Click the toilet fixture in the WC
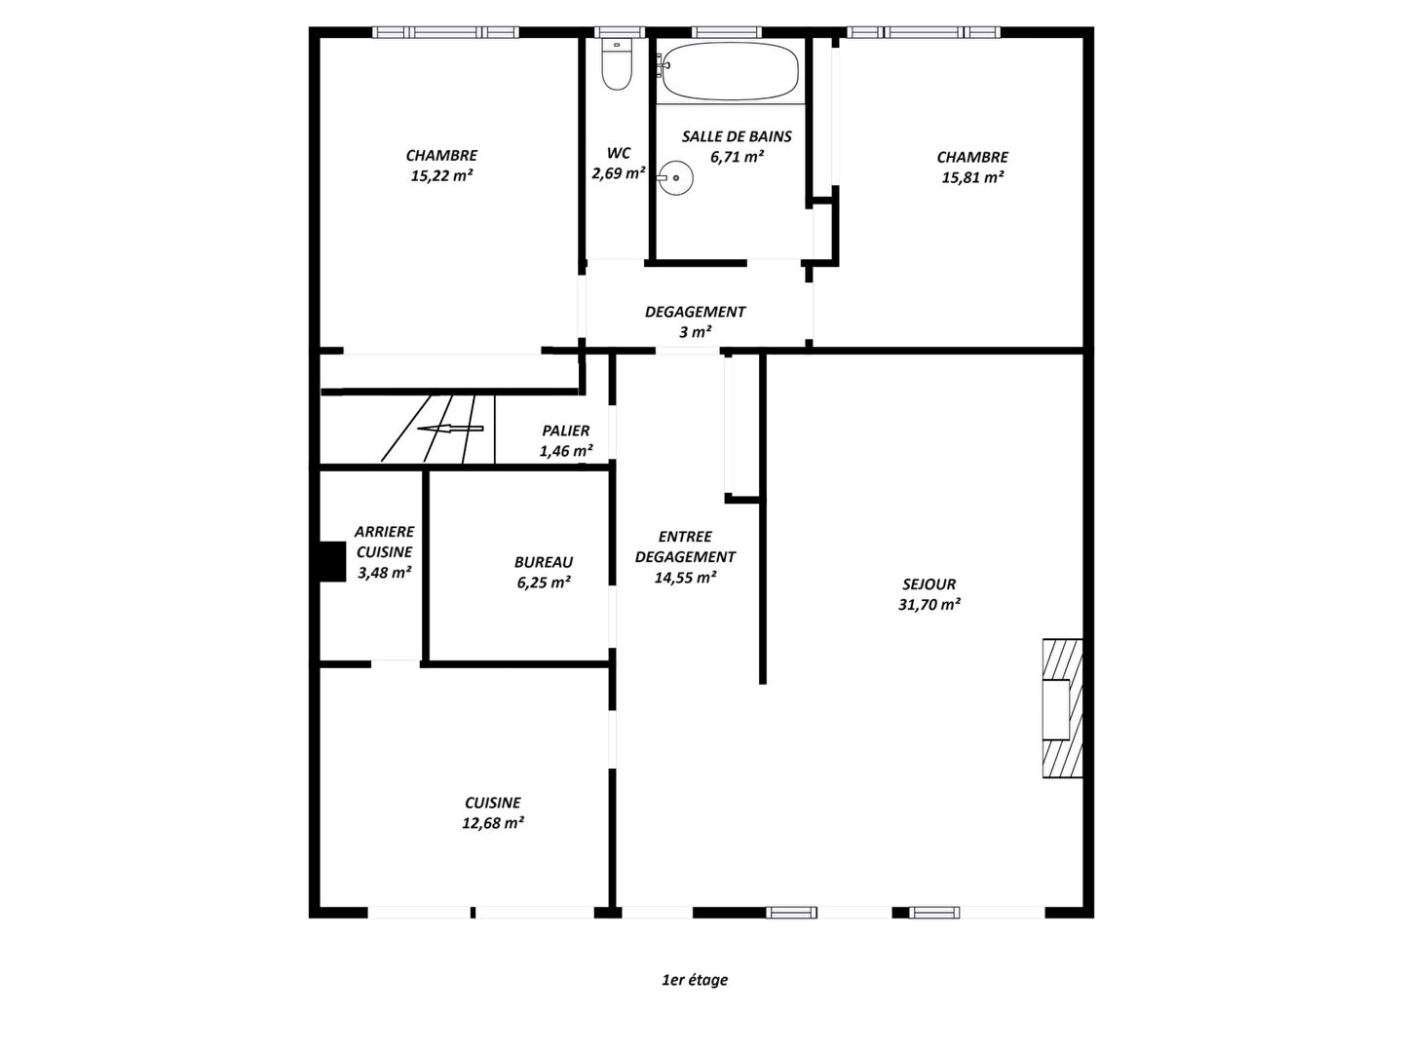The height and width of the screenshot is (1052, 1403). click(x=616, y=63)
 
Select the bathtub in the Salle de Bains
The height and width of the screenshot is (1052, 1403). click(x=730, y=71)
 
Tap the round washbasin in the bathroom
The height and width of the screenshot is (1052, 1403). click(x=675, y=178)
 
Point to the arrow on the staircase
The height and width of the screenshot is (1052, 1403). click(x=450, y=429)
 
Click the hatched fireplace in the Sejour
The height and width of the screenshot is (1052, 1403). click(x=1062, y=708)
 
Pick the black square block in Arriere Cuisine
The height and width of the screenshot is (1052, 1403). click(x=332, y=561)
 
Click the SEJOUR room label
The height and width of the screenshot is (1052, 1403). click(x=929, y=583)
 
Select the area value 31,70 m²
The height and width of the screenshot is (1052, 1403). click(x=929, y=604)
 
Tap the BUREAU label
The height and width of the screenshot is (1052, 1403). click(x=544, y=562)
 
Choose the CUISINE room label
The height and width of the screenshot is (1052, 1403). click(x=493, y=803)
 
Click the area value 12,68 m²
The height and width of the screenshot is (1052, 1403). click(x=493, y=823)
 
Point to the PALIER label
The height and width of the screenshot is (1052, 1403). click(x=566, y=431)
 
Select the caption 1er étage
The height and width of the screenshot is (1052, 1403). click(x=695, y=979)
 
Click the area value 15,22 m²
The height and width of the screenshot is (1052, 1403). click(x=441, y=175)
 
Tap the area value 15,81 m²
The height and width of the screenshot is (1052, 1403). click(x=972, y=177)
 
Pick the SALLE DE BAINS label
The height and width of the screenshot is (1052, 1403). click(x=737, y=136)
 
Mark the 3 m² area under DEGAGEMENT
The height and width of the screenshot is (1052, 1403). click(x=696, y=332)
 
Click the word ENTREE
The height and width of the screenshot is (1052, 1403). click(x=685, y=537)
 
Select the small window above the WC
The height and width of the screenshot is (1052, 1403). click(x=620, y=32)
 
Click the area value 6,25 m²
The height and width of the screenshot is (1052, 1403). click(x=544, y=582)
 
